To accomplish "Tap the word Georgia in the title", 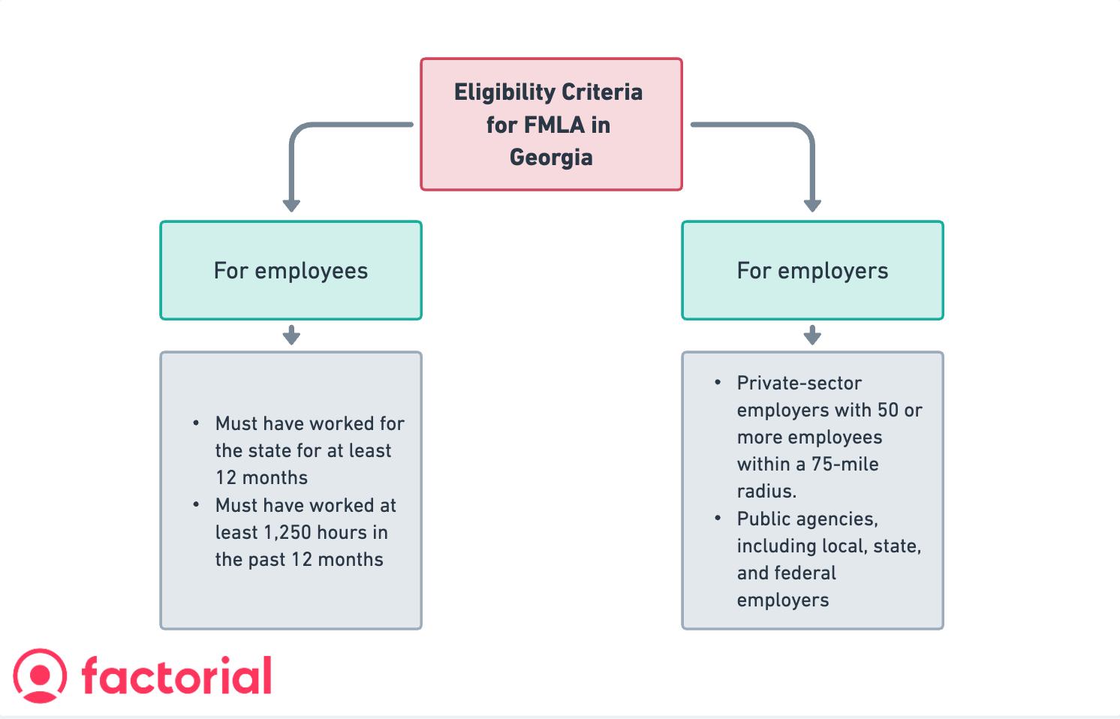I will [551, 158].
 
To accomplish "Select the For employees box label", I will [291, 271].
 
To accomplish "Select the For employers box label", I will [812, 271].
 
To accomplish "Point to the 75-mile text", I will [845, 465].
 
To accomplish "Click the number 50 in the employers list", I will [887, 411].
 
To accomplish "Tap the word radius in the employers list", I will [765, 492].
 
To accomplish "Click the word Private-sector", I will [799, 384].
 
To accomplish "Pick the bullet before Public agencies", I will [718, 519].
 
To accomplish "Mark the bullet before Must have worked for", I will [196, 423].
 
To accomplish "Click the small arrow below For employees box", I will [291, 335].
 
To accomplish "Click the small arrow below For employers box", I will [812, 335].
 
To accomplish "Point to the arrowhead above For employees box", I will [291, 205].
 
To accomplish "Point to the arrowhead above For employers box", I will [812, 205].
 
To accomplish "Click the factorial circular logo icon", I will [40, 675].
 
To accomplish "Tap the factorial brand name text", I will [176, 675].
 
